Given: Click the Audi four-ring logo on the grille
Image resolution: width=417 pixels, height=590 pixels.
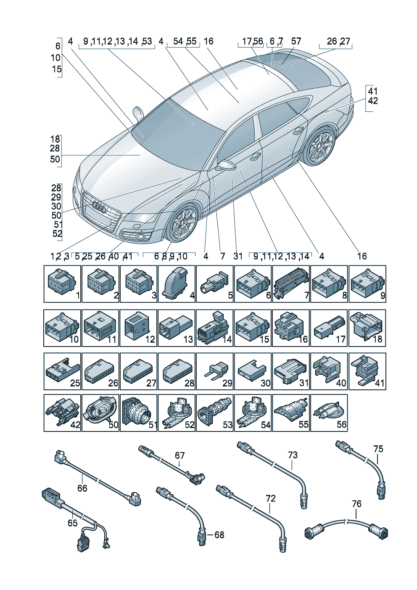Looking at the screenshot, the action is tap(100, 207).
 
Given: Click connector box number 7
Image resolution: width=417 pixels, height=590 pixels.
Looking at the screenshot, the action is tap(291, 284).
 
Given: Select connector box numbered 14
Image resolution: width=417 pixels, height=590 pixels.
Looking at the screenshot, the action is tap(214, 328).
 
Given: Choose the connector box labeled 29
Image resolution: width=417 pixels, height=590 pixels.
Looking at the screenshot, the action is tap(214, 371).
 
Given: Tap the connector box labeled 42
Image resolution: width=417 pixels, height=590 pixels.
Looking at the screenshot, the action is tap(62, 413).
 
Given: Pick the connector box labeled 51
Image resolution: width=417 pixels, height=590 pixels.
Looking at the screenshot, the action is tap(138, 413).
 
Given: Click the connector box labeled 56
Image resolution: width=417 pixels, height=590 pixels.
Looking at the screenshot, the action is tap(329, 413).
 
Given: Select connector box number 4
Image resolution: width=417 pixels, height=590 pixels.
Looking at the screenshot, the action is tap(177, 284).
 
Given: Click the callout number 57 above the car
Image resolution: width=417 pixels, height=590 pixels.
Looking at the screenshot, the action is tap(296, 41).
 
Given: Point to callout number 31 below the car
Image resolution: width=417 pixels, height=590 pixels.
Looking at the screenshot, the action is tap(238, 256).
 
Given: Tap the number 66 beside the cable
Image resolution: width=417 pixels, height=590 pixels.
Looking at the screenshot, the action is tap(82, 488).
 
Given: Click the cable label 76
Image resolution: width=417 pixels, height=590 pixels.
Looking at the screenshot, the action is tap(356, 504).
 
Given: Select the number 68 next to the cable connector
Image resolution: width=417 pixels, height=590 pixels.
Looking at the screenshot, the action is tap(219, 535).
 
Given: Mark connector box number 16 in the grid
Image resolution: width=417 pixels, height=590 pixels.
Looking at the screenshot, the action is tap(291, 328).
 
